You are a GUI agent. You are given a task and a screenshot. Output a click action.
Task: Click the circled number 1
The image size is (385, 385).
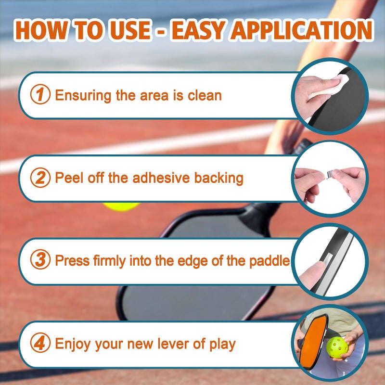tap(40, 94)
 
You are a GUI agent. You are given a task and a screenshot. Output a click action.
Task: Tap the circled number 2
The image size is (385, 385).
tap(40, 178)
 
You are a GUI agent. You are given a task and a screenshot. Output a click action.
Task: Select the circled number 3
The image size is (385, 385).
tap(40, 259)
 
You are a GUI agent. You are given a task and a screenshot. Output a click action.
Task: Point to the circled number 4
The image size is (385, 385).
tap(40, 343)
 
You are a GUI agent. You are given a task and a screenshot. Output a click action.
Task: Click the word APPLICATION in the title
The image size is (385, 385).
tap(302, 30)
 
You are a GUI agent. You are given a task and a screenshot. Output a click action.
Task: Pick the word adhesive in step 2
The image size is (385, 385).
tap(161, 178)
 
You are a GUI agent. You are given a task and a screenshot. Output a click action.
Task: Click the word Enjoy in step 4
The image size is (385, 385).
tap(73, 344)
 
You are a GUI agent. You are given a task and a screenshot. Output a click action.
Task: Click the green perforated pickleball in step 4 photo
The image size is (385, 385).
tap(337, 347)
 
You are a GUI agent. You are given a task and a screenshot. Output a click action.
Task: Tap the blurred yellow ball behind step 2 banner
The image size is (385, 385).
tap(121, 206)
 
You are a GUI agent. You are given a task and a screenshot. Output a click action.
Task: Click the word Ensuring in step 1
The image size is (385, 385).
tap(83, 96)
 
